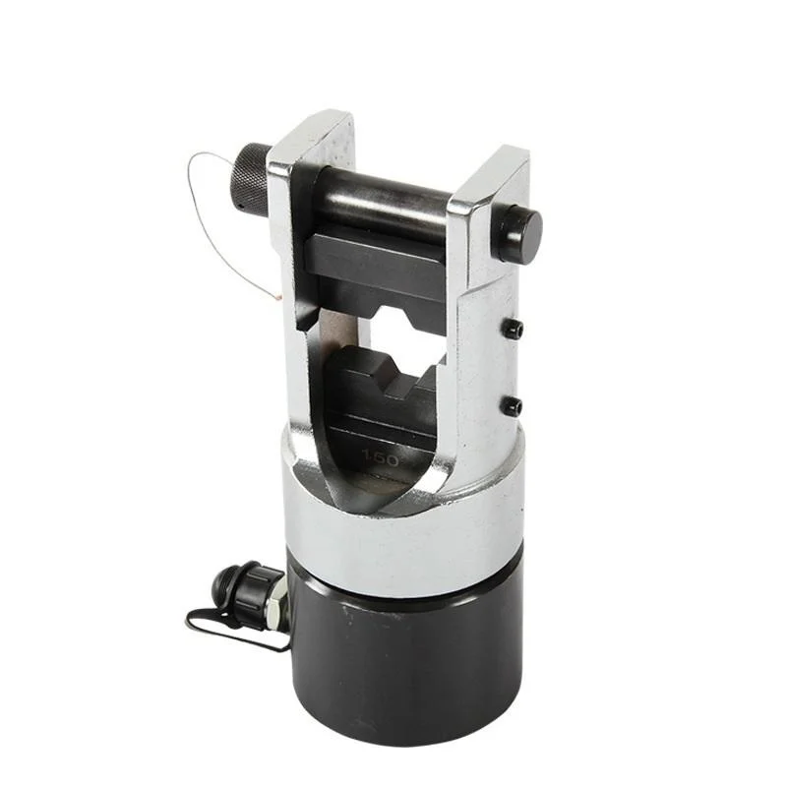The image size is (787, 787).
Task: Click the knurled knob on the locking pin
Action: pos(251,176)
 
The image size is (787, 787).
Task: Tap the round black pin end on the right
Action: pos(521,231)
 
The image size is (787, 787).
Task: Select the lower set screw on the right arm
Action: pos(514,404)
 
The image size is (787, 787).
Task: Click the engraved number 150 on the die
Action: pos(381,459)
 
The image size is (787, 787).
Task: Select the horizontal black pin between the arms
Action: pos(383,205)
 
